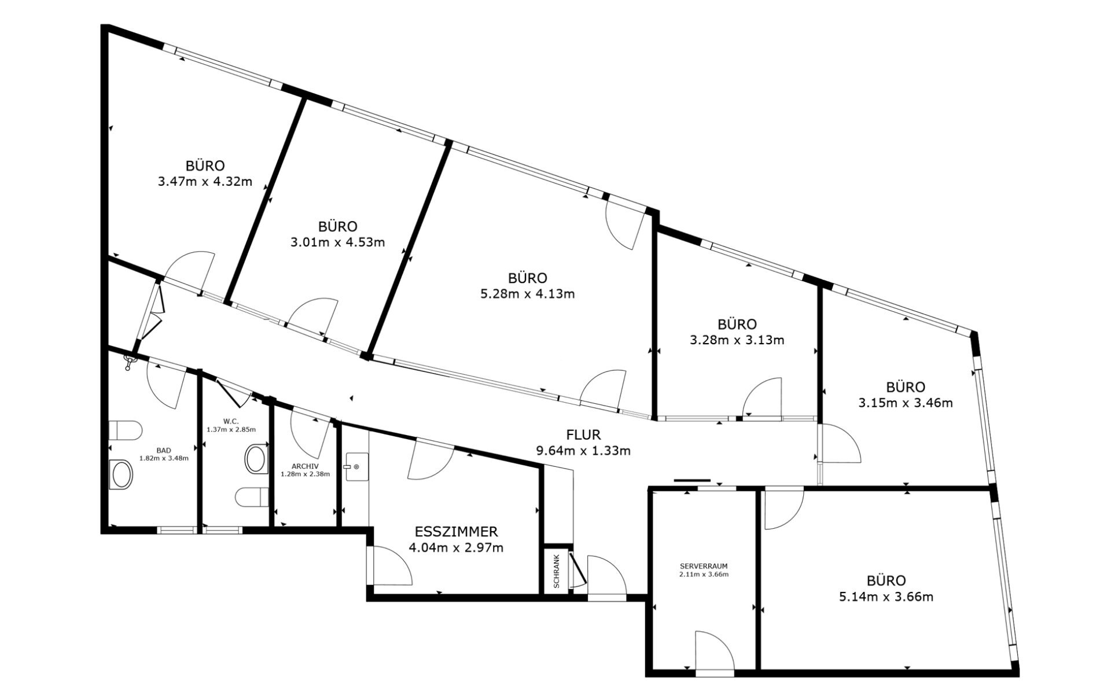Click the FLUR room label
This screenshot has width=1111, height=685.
(583, 434)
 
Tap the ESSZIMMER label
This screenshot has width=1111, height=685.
(456, 532)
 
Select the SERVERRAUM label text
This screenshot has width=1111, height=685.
(704, 566)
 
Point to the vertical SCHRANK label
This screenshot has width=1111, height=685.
(557, 572)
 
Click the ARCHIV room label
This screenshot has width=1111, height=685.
(305, 466)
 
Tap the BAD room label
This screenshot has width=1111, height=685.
(164, 450)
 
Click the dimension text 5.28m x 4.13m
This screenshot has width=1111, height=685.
(528, 294)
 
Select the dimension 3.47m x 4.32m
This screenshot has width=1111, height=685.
(205, 182)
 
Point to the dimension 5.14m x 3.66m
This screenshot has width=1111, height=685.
(886, 596)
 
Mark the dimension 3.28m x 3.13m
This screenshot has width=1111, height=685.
(737, 340)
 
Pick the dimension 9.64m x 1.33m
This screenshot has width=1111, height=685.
(583, 451)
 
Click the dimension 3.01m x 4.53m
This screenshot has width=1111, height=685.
(337, 242)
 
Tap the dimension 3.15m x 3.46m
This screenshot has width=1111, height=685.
(906, 403)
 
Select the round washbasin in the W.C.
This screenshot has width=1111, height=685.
(256, 458)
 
